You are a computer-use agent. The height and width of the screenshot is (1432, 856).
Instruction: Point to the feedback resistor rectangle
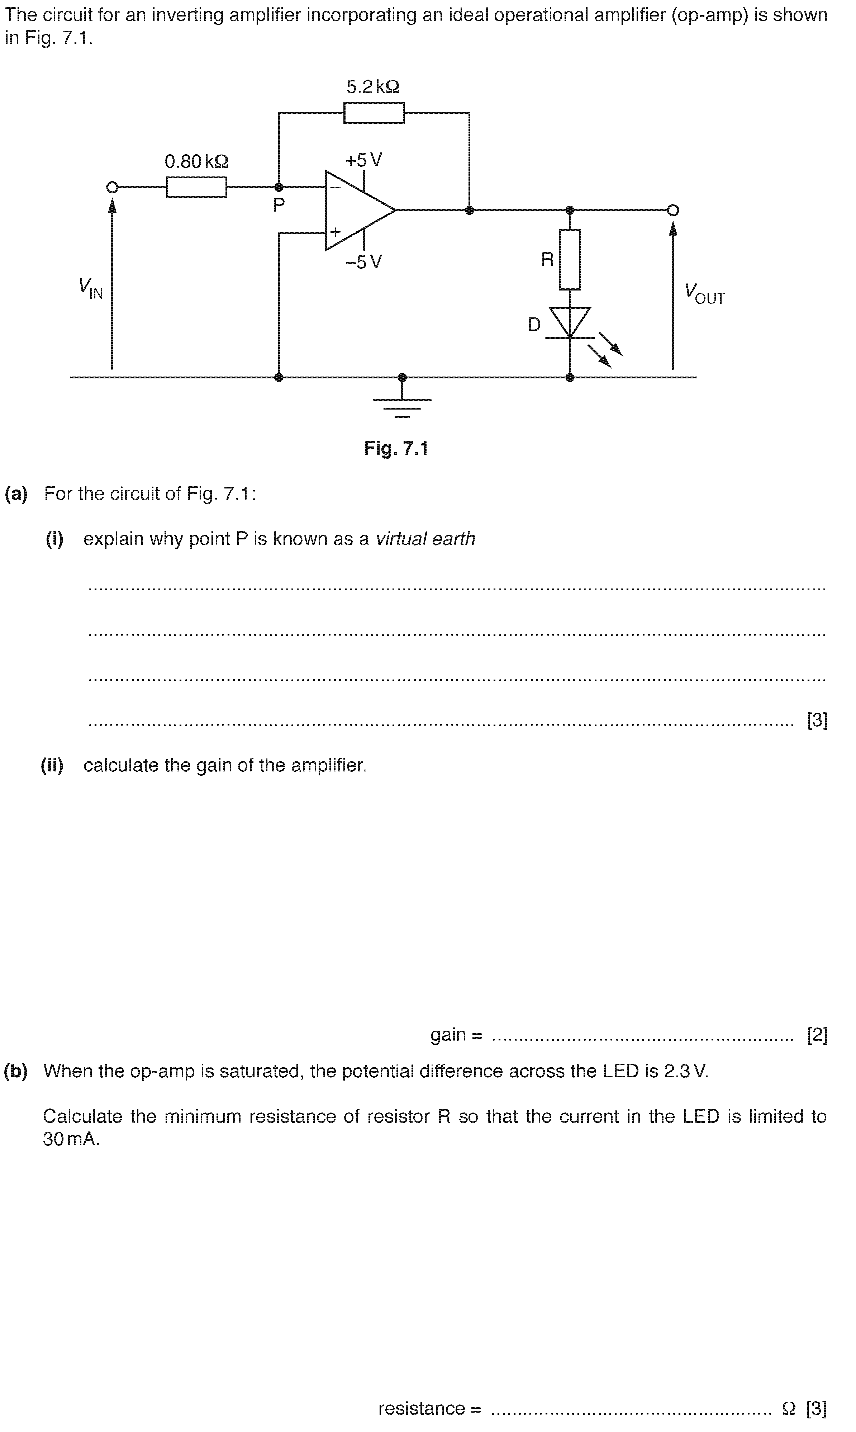[x=374, y=113]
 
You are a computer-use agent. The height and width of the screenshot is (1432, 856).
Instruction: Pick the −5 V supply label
[x=363, y=263]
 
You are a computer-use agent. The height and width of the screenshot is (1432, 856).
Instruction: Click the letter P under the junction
[x=279, y=205]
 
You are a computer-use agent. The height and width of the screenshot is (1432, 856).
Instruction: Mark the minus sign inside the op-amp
[x=335, y=187]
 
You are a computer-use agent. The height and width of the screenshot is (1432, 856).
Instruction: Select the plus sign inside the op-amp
[x=335, y=232]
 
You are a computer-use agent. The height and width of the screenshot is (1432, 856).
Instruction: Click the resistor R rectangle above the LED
[x=570, y=260]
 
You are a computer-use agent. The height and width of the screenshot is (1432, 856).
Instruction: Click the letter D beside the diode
[x=535, y=325]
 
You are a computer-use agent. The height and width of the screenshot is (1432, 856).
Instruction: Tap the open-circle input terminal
[x=113, y=188]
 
